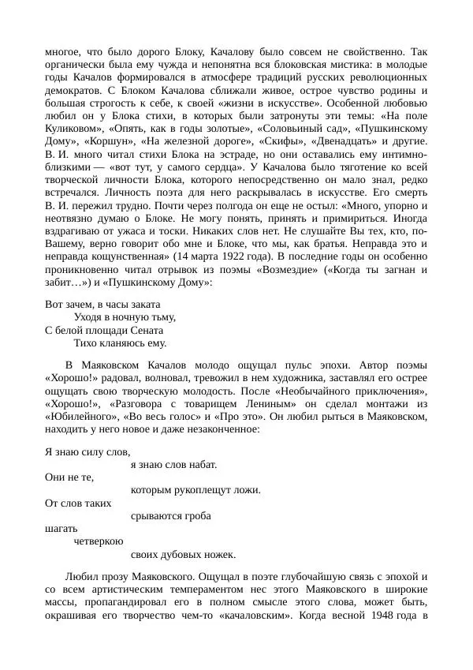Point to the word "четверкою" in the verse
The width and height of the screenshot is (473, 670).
coord(98,541)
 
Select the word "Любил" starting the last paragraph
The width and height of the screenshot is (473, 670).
coord(81,577)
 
